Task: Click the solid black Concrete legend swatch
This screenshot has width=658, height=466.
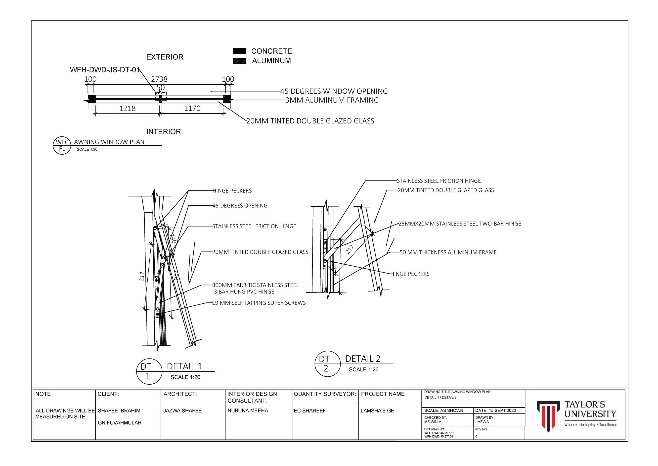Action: (x=239, y=51)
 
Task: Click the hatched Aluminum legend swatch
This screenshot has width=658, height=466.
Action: (x=239, y=61)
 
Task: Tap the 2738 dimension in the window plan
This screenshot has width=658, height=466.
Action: (x=159, y=79)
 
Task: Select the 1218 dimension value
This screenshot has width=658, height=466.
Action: (x=127, y=109)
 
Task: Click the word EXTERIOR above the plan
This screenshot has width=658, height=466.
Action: (x=165, y=57)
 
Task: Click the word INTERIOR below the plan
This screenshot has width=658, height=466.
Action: (x=164, y=132)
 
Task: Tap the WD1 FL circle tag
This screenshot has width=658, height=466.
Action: (x=62, y=145)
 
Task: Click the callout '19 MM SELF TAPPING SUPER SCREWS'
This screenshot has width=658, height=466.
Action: (x=259, y=303)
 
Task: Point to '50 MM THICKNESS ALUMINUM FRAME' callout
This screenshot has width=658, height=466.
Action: (x=448, y=252)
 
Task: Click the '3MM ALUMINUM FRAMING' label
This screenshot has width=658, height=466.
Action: (x=332, y=100)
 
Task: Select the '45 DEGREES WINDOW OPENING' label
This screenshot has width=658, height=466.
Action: (x=334, y=91)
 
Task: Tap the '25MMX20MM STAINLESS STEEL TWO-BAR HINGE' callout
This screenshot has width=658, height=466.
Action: (x=460, y=224)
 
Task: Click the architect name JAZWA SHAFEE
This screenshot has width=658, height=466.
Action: (x=182, y=411)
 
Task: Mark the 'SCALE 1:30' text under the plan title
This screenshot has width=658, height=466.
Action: (x=87, y=150)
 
